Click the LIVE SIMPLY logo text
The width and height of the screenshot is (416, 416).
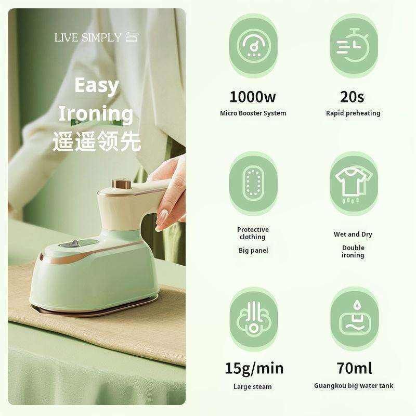click(88, 37)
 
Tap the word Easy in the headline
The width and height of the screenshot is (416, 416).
click(97, 86)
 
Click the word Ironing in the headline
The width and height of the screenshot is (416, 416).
click(96, 114)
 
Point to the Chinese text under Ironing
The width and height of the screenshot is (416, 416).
click(97, 141)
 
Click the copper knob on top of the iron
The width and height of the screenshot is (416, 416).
click(122, 184)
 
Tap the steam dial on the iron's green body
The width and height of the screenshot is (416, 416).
click(72, 243)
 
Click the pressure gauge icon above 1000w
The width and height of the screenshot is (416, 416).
click(253, 46)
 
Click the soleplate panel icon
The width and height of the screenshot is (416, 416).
click(253, 184)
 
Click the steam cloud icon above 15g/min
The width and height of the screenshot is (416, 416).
click(253, 319)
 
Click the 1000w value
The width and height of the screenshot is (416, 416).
click(253, 97)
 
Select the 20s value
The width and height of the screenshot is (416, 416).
click(352, 97)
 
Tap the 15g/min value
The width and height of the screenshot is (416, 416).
click(254, 369)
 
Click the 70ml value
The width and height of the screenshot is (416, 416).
click(355, 368)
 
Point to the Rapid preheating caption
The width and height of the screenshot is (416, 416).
click(353, 113)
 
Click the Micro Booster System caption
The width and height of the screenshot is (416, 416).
click(253, 113)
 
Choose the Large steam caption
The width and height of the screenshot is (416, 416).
click(253, 386)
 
